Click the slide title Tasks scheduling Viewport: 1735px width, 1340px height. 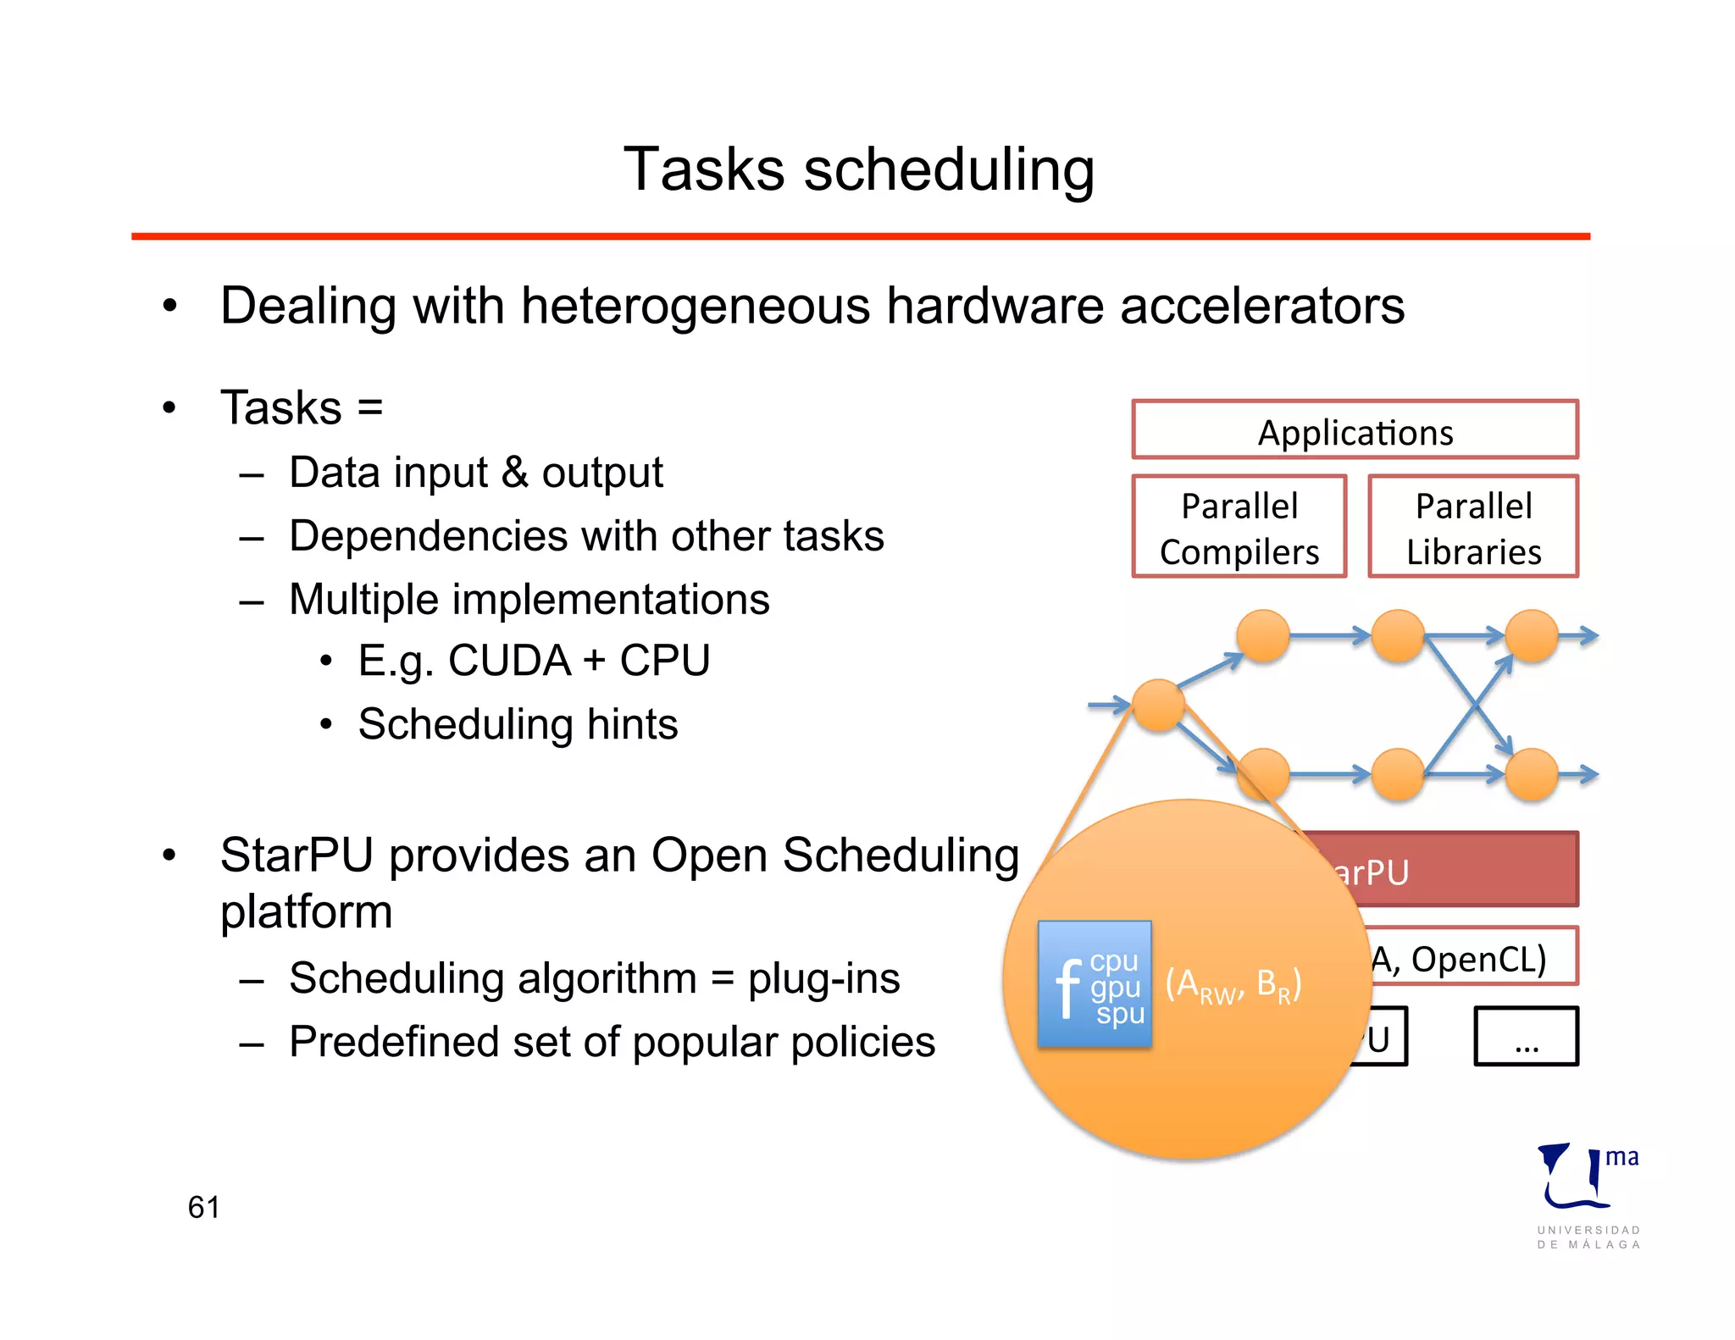859,169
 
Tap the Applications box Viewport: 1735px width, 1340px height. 1355,431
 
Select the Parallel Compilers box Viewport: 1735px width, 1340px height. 1239,527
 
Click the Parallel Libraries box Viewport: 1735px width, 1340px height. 1473,527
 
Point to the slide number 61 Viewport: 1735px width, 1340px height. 203,1206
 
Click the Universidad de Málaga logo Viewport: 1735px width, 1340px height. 1588,1194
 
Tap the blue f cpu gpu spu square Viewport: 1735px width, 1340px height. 1095,984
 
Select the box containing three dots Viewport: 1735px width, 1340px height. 1526,1035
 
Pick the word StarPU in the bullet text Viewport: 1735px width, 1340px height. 297,855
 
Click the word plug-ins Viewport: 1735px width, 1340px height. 823,978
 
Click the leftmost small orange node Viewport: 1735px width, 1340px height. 1158,705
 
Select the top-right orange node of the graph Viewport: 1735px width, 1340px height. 1532,635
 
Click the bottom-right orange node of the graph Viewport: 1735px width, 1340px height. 1532,774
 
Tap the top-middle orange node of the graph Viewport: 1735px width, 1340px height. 1398,635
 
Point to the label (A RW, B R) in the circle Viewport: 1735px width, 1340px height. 1233,985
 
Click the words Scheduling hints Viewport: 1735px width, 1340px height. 518,724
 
